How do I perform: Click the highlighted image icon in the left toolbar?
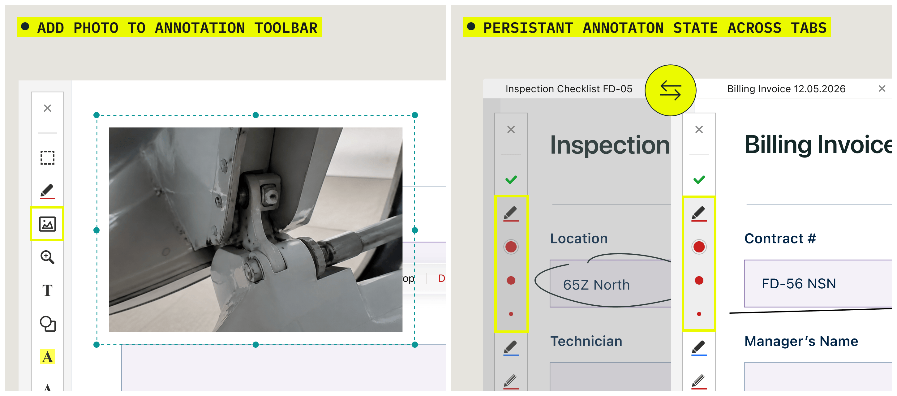(x=47, y=224)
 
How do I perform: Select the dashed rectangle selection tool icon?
(x=47, y=158)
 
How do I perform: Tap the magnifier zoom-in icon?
(x=47, y=257)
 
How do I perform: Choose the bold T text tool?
(x=47, y=290)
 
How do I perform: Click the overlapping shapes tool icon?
(x=47, y=324)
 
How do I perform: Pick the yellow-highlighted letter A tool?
(x=47, y=357)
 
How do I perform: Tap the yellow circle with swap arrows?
(x=670, y=90)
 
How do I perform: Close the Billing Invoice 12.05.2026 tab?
(x=882, y=89)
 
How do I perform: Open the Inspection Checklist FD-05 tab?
(x=569, y=89)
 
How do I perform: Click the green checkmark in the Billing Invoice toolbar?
(x=699, y=180)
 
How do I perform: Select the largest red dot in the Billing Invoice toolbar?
(x=699, y=247)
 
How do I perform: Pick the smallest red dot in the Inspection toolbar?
(x=511, y=314)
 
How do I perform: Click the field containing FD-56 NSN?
(x=818, y=283)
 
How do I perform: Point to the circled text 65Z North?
(x=596, y=285)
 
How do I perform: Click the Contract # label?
(x=780, y=239)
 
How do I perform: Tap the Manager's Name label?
(x=801, y=341)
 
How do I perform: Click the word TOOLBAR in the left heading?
(x=286, y=28)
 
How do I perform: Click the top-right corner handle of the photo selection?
(x=415, y=115)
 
